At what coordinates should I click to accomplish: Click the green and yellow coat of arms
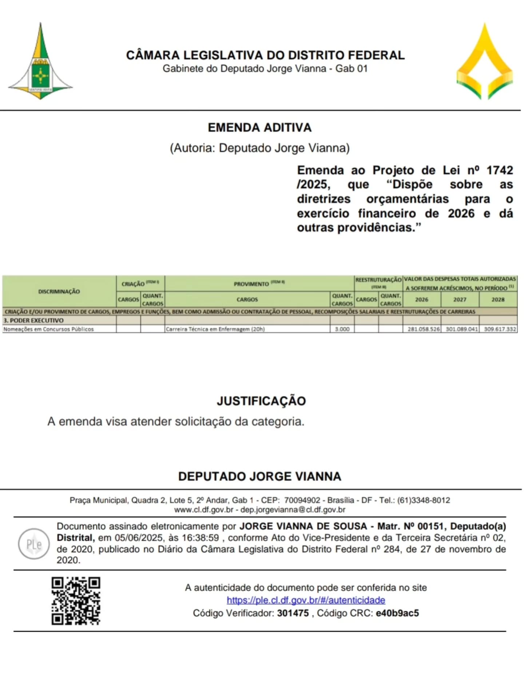pos(40,62)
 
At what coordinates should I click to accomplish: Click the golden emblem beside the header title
pos(484,62)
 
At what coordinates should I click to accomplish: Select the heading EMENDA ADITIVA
pos(259,128)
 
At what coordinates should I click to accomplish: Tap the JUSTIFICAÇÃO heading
pos(261,401)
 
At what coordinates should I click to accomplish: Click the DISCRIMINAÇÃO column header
pos(59,291)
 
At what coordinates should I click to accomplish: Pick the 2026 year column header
pos(421,299)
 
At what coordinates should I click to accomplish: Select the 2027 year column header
pos(460,299)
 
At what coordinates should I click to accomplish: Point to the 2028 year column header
pos(498,299)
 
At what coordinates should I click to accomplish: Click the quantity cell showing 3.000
pos(342,329)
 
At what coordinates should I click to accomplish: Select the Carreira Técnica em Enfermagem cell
pos(215,329)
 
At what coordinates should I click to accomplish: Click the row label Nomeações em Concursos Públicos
pos(49,329)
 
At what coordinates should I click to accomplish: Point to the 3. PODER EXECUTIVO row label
pos(33,321)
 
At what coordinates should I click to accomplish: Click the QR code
pos(76,601)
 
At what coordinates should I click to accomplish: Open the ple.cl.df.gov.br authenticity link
pos(306,600)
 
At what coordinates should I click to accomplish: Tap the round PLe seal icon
pos(34,544)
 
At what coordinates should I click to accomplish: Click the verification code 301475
pos(293,613)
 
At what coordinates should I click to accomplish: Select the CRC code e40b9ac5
pos(397,613)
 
